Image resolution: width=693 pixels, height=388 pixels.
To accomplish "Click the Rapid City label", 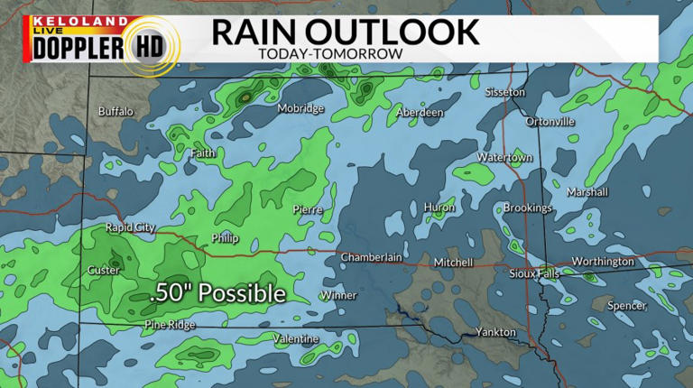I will tap(131, 227).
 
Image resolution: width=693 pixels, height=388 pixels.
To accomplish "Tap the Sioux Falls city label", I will tap(535, 273).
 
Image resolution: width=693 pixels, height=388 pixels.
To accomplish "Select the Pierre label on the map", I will tap(308, 209).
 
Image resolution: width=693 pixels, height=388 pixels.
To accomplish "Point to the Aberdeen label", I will tap(420, 113).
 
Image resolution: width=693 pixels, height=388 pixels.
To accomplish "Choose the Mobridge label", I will tap(300, 108).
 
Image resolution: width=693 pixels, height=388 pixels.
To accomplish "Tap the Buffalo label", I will tap(115, 112).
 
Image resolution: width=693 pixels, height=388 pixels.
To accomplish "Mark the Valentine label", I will tap(296, 338).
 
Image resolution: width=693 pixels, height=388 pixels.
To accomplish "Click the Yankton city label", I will tap(496, 332).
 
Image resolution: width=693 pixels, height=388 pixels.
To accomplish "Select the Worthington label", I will tap(604, 262).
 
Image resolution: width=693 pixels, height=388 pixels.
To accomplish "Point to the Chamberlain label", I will tap(371, 258).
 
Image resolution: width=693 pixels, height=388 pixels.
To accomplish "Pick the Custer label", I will tap(102, 271).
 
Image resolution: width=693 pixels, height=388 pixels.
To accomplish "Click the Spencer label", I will tap(626, 306).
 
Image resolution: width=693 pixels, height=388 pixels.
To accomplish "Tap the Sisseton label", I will tap(504, 93).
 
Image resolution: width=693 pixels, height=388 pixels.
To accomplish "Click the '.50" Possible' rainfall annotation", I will tap(217, 294).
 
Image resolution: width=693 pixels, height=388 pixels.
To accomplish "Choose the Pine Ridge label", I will tap(169, 325).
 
